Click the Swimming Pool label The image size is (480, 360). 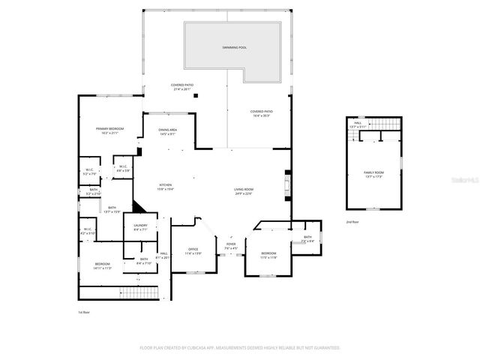(x=234, y=47)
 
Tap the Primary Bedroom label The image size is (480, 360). (x=109, y=129)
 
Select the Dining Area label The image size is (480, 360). (x=167, y=130)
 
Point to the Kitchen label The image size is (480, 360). (x=165, y=185)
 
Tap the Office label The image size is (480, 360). (x=193, y=249)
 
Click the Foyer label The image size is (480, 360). (x=231, y=244)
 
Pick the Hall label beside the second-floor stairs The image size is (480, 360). (x=358, y=123)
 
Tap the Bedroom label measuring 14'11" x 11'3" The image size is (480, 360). (x=102, y=264)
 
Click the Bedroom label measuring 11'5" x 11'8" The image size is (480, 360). (x=268, y=253)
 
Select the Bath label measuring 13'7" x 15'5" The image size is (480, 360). (x=112, y=208)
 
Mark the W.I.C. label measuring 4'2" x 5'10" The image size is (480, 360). (x=87, y=229)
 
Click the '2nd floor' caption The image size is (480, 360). (x=352, y=222)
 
